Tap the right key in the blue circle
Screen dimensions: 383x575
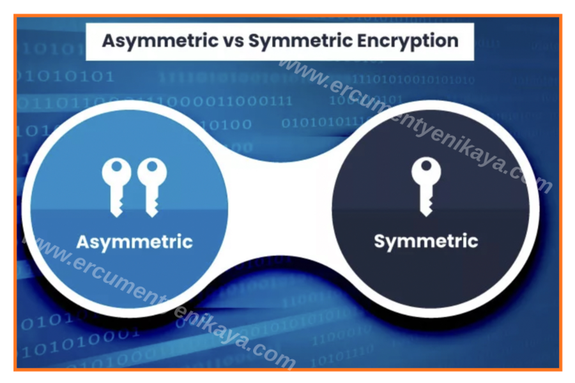coord(152,185)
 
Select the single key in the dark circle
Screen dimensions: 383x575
coord(423,185)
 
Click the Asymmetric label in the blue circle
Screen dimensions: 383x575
coord(134,243)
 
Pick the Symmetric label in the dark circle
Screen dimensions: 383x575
coord(425,241)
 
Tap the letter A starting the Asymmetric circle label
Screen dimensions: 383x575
coord(82,242)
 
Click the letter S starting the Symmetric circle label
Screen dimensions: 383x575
coord(379,241)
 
